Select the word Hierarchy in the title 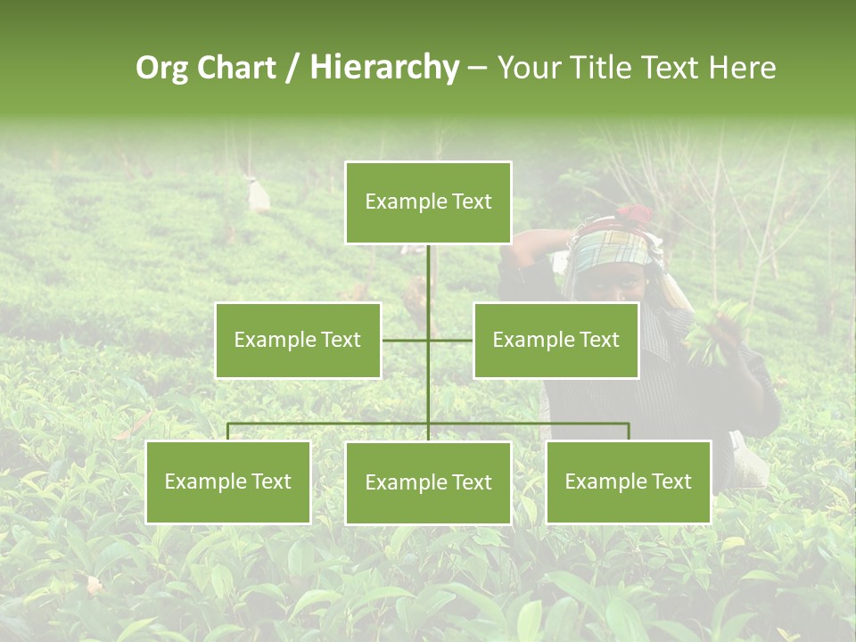tap(383, 68)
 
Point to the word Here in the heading tap(741, 68)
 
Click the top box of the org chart tap(428, 202)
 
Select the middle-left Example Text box tap(298, 340)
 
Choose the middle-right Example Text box tap(556, 340)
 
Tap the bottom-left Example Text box tap(227, 481)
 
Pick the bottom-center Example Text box tap(428, 482)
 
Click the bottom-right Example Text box tap(628, 481)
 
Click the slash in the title tap(292, 69)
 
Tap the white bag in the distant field tap(259, 193)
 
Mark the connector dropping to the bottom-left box tap(227, 432)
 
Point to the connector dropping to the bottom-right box tap(629, 432)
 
